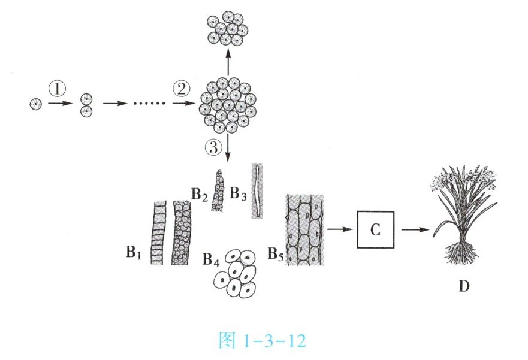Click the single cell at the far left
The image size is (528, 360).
point(35,104)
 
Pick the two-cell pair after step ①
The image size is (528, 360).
point(88,104)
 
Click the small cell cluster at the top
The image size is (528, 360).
point(228,28)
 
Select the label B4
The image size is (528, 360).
point(211,260)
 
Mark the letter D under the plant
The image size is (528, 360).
point(463,286)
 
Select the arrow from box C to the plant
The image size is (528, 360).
point(415,229)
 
